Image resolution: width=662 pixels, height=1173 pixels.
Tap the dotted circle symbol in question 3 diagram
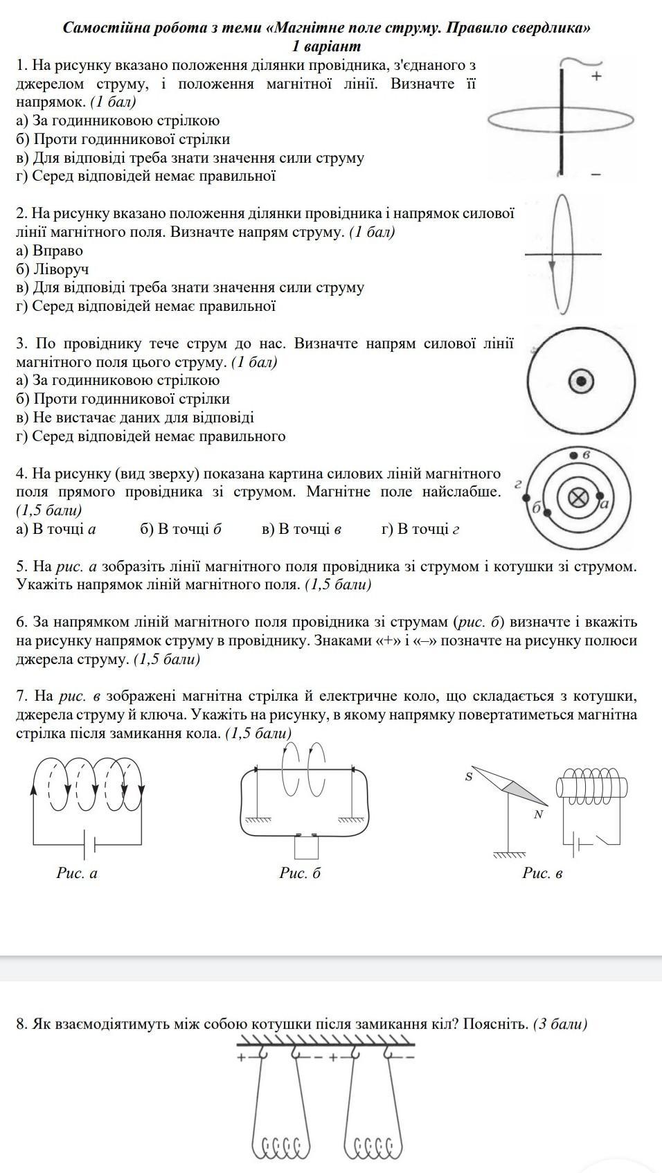[581, 382]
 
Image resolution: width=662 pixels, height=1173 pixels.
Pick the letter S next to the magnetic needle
[469, 777]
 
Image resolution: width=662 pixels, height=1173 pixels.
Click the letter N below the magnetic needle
[538, 814]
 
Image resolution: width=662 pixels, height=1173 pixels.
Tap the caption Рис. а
[77, 872]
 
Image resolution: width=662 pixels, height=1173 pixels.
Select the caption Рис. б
[301, 872]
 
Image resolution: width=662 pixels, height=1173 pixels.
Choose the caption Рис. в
[542, 872]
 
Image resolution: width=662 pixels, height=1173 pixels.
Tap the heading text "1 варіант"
[327, 46]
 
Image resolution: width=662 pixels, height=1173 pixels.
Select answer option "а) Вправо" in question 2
[49, 251]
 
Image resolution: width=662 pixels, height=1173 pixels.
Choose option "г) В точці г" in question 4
[420, 529]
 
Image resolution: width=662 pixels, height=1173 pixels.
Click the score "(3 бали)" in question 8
[560, 1023]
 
